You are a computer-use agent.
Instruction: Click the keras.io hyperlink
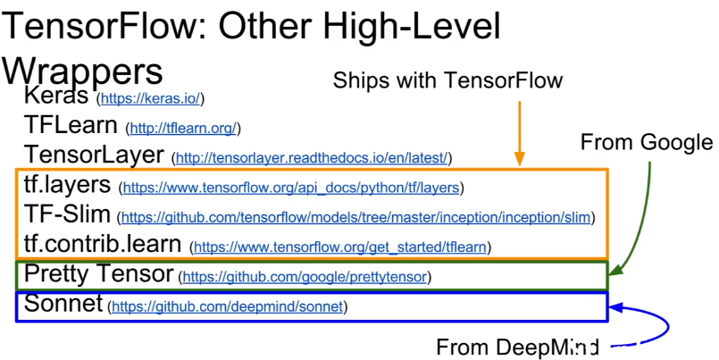pos(150,98)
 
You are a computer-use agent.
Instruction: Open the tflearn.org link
pos(183,129)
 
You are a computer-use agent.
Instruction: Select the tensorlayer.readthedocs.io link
pos(312,158)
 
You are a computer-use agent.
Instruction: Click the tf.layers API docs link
pos(291,188)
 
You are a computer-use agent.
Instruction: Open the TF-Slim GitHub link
pos(355,217)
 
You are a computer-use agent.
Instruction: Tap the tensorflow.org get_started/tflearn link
pos(339,247)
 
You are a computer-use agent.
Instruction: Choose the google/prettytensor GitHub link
pos(305,277)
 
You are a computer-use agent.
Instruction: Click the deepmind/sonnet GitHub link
pos(228,306)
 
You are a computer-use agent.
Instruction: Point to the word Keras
pos(56,96)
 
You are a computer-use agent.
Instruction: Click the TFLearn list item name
pos(71,125)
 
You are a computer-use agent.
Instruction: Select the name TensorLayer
pos(94,155)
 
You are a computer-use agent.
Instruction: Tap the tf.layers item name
pos(67,185)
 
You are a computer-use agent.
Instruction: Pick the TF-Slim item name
pos(67,214)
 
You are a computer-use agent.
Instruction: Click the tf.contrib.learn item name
pos(103,244)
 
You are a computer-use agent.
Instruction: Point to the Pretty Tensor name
pos(98,274)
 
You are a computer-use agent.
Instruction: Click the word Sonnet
pos(63,303)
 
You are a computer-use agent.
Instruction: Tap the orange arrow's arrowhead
pos(519,160)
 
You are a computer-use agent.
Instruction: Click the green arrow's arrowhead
pos(615,270)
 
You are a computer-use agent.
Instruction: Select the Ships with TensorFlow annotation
pos(447,80)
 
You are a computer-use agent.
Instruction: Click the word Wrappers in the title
pos(82,71)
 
